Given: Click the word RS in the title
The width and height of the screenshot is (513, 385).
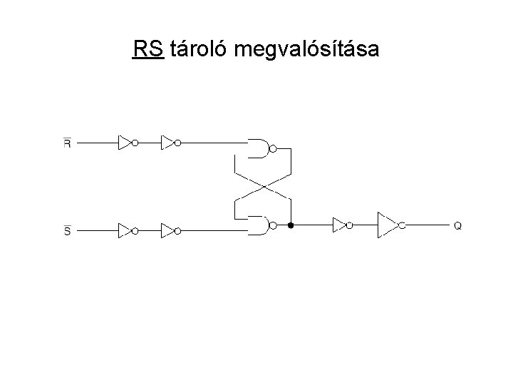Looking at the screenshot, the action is coord(148,49).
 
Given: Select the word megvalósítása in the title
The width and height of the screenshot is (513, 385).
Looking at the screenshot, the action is coord(306,51).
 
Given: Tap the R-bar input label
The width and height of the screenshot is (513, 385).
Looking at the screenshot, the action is coord(67,143).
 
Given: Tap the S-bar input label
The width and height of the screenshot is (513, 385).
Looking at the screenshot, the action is coord(67,230).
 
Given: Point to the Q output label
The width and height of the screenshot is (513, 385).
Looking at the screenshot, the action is coord(457,225).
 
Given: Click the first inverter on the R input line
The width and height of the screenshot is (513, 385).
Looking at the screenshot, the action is coord(126,143).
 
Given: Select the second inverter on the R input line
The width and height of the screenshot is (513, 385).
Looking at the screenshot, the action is coord(169,143).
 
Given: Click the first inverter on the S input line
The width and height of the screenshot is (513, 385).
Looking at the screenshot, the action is coord(126,230).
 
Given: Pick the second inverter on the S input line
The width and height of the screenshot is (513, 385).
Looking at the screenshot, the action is coord(169,230).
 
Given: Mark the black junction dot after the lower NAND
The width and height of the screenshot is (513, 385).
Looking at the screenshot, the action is coord(291,225).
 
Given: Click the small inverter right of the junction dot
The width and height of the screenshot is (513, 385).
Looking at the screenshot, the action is coord(339,225).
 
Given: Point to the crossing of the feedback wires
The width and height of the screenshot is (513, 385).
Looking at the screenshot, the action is coord(264,187).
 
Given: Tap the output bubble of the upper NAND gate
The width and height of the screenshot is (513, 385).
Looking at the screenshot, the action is coord(272,149).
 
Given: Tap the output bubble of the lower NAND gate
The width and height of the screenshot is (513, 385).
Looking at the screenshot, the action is coord(272,225).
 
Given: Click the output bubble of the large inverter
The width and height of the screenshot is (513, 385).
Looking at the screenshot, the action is coord(402,225).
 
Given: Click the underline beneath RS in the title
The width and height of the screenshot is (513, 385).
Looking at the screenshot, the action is coord(148,60).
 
